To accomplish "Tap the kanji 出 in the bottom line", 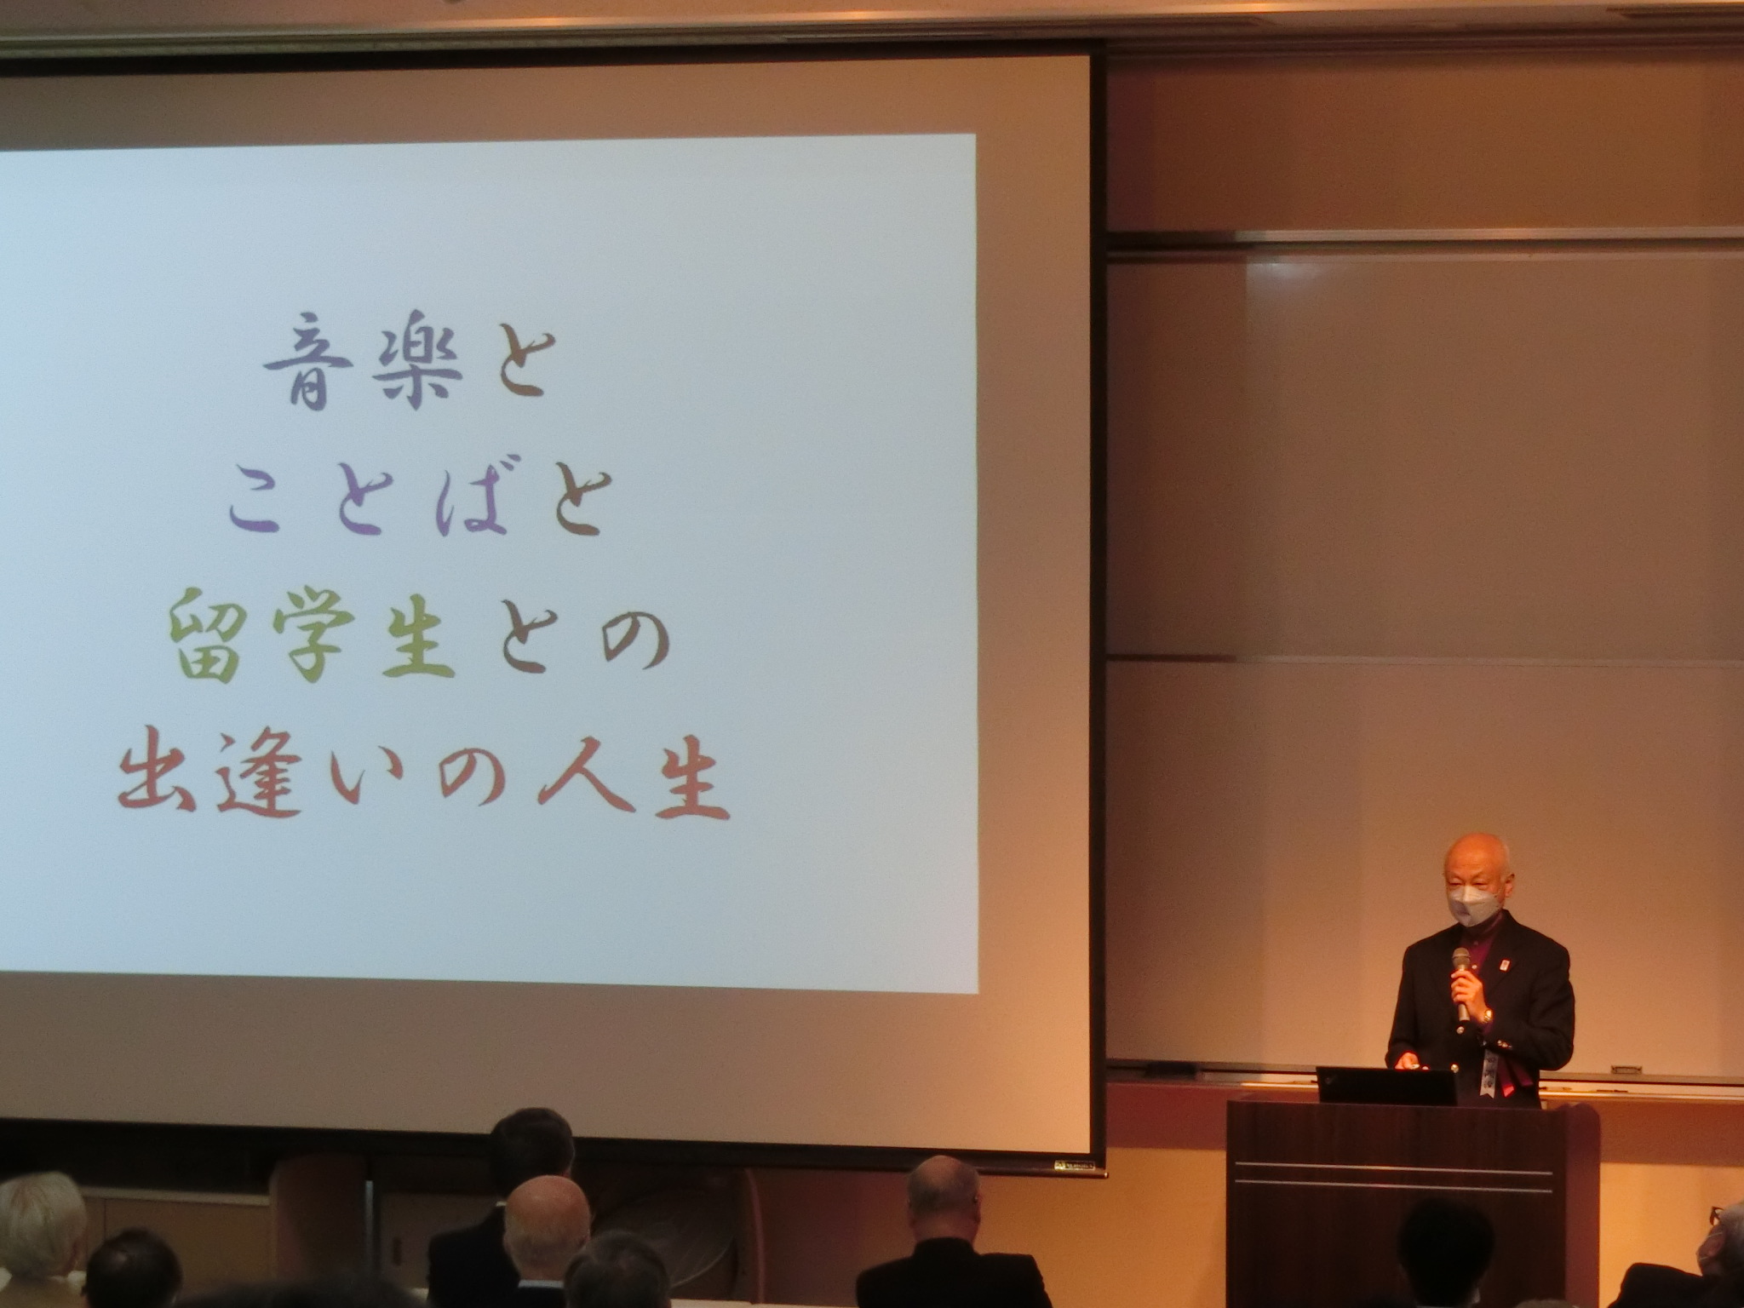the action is tap(159, 780).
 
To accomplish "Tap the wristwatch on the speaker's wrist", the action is tap(1486, 1016).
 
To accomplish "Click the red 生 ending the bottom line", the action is tap(686, 779).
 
